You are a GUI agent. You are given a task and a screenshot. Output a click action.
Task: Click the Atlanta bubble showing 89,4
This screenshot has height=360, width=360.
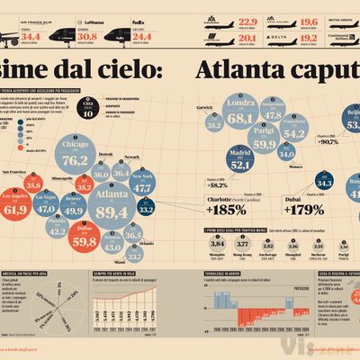click(x=111, y=208)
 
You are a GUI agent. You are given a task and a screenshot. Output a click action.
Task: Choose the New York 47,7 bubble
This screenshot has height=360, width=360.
click(x=142, y=184)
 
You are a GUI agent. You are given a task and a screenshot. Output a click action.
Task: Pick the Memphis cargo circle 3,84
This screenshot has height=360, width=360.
click(x=216, y=242)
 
